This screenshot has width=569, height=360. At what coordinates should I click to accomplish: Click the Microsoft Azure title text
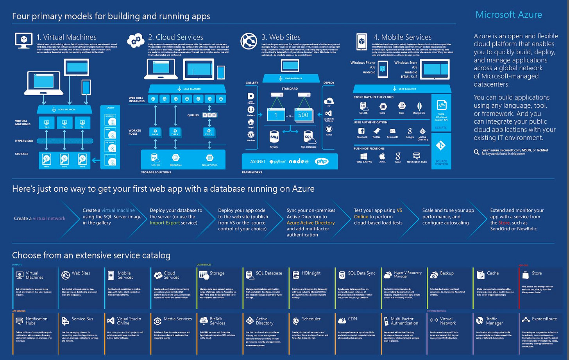tap(508, 15)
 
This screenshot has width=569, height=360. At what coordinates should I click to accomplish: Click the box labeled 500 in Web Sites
tap(303, 115)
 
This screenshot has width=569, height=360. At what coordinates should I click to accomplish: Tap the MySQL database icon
tap(274, 137)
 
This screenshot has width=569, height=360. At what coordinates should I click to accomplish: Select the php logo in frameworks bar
tap(322, 161)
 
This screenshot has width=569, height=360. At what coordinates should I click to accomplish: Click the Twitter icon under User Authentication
tap(376, 132)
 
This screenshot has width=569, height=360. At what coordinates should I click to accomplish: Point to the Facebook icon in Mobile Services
tap(361, 131)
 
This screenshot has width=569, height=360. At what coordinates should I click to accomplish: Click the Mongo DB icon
tap(419, 106)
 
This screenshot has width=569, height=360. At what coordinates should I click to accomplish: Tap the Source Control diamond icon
tap(441, 146)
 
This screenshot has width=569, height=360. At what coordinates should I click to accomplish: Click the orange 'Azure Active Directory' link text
tap(311, 223)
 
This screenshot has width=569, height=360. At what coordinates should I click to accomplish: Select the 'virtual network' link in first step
tap(49, 219)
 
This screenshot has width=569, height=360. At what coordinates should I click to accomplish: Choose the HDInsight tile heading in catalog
tap(311, 273)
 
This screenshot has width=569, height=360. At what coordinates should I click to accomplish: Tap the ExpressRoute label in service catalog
tap(544, 319)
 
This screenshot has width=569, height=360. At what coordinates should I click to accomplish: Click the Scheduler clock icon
tap(295, 321)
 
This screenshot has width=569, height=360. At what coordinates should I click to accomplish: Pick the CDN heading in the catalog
tap(352, 319)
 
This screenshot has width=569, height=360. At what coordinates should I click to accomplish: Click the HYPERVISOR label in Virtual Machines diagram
tap(24, 141)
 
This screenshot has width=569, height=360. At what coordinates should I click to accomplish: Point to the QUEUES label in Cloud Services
tap(193, 115)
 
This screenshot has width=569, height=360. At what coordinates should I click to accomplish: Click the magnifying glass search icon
tap(476, 152)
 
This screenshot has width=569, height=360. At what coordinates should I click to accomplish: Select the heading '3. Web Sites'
tap(281, 37)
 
